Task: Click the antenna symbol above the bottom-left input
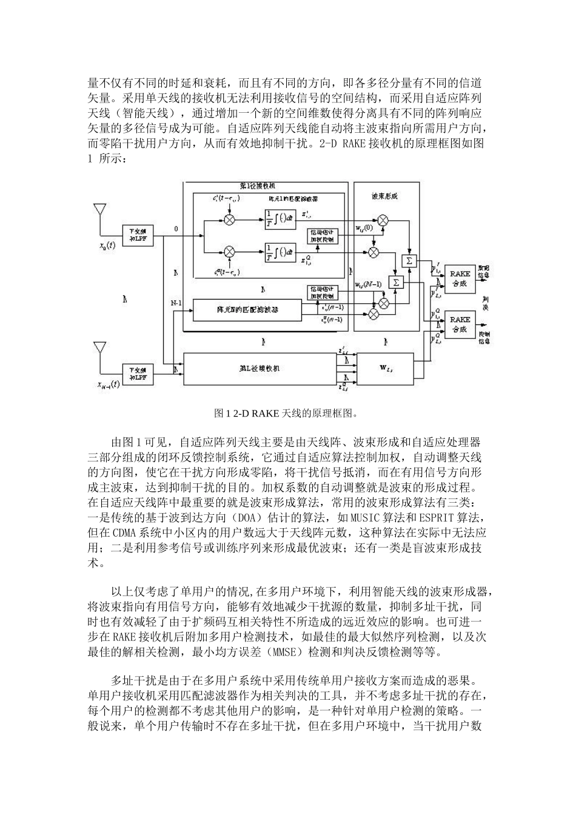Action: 99,350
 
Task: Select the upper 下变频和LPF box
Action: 138,235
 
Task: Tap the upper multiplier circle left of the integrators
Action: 229,220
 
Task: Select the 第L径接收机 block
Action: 259,368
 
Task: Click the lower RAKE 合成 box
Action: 460,324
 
